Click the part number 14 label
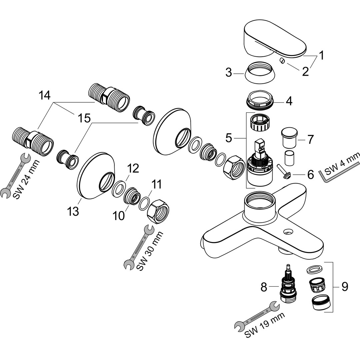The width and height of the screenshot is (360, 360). click(44, 95)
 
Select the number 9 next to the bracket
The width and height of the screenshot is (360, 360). click(344, 286)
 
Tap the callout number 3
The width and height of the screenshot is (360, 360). click(229, 72)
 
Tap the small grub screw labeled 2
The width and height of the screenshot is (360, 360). click(282, 61)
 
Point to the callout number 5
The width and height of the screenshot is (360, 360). click(229, 137)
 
